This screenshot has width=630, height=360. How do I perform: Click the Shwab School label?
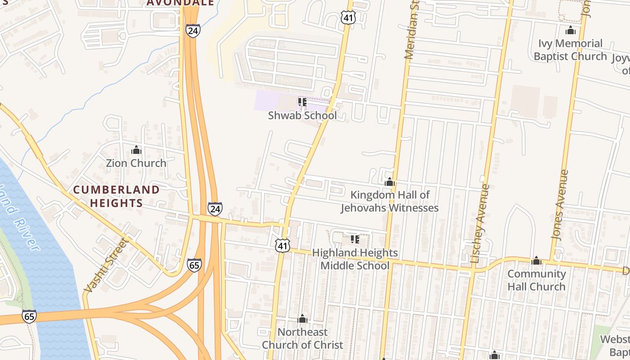coord(302,116)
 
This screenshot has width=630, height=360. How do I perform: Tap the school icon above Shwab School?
coord(302,103)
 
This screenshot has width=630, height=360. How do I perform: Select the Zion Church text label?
coord(136,163)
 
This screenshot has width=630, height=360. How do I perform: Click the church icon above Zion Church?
coord(136,150)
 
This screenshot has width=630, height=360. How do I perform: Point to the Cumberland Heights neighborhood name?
coord(116,197)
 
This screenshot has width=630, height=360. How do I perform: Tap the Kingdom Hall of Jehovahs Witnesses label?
coord(390,202)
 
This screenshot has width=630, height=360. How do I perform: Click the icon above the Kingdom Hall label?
coord(390,182)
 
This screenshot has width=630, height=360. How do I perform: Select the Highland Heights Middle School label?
coord(355,259)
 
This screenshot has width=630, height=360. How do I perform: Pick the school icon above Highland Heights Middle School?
coord(355,239)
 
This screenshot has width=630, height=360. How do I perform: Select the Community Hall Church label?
coord(536,280)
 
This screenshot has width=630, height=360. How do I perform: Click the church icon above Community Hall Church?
coord(536,261)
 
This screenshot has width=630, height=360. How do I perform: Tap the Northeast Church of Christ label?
coord(302,338)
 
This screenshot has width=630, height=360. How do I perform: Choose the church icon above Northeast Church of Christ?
coord(302,319)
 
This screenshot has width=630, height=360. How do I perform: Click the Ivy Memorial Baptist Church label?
coord(570,50)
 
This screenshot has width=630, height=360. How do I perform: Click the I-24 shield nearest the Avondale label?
coord(192,31)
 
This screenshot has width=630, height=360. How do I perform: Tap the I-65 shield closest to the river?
coord(29,317)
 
